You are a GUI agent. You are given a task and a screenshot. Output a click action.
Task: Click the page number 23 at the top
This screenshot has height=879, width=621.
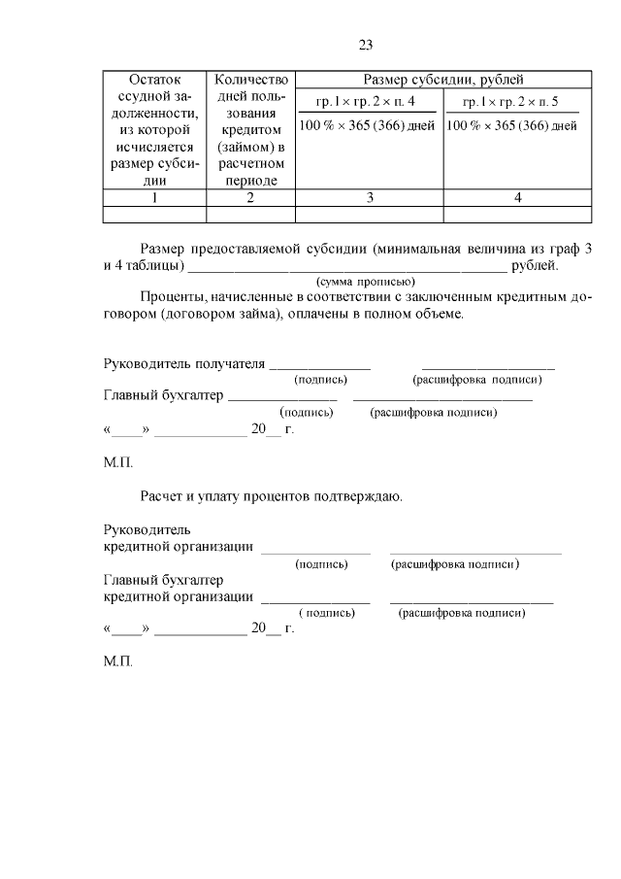coord(365,45)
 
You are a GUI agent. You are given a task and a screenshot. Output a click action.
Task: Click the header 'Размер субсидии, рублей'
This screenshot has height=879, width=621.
coord(443,80)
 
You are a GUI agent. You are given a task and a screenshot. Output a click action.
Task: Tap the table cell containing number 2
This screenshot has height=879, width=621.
coord(250,198)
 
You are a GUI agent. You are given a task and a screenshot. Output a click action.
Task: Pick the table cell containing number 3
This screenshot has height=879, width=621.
coord(369,198)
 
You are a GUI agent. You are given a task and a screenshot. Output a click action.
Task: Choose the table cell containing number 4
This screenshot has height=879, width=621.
coord(517,198)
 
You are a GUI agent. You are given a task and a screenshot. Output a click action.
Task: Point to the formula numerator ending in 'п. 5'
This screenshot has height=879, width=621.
coord(510,102)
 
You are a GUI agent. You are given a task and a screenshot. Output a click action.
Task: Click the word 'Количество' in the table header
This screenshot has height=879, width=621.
coord(250,80)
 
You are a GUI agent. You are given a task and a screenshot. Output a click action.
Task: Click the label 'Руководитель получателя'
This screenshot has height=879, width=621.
coord(183,364)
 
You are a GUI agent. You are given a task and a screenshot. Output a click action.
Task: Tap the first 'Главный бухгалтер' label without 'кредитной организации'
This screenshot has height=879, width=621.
coord(162,395)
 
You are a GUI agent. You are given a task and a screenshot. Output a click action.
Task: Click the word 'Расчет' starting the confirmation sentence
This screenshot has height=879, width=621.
coord(162,496)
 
